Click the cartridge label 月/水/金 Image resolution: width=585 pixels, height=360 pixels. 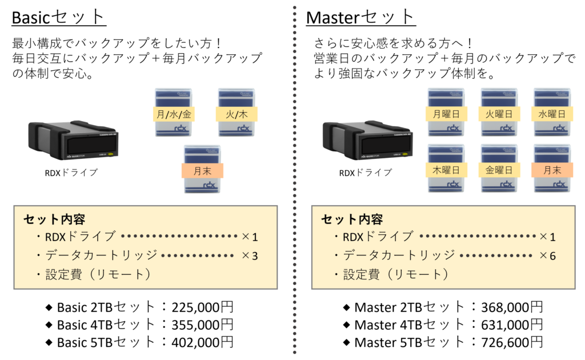point(175,114)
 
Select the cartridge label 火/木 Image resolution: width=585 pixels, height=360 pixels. point(237,114)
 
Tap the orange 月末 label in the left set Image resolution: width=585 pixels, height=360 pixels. point(203,170)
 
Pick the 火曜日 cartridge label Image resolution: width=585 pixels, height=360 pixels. point(499,114)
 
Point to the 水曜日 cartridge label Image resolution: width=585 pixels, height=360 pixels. point(552,114)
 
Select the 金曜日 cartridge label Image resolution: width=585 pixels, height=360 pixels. point(499,170)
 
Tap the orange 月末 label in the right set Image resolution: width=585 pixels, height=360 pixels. point(552,170)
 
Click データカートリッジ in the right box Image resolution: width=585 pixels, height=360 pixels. point(399,255)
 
